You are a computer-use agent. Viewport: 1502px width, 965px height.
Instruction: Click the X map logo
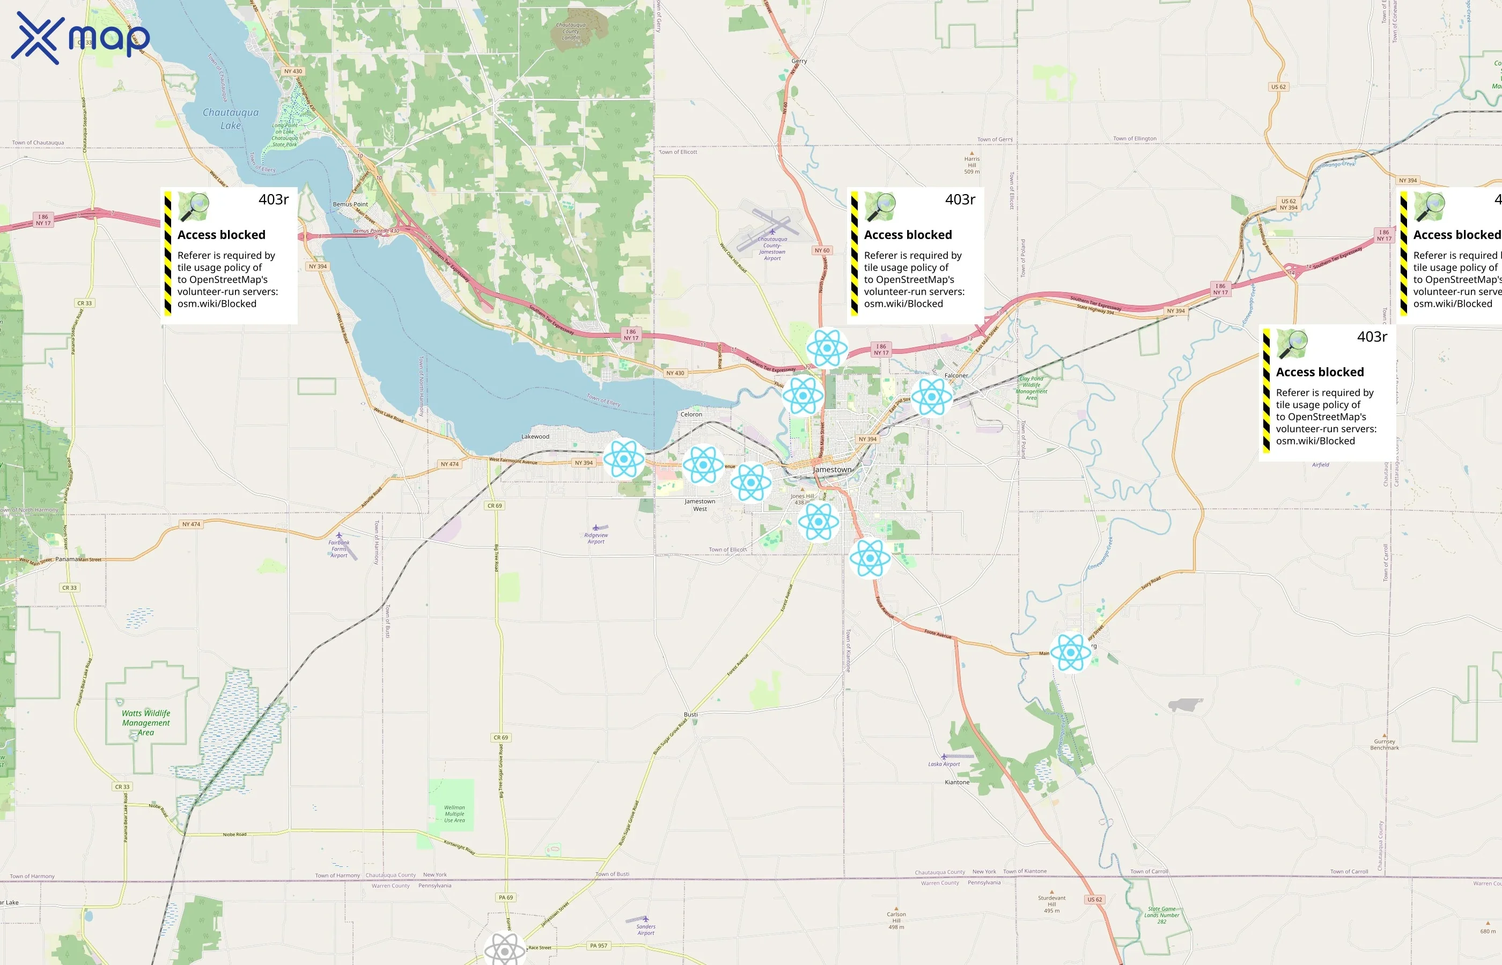80,38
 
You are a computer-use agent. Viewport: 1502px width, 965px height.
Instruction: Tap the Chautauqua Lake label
230,118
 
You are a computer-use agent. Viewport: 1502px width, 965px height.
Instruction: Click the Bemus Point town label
350,204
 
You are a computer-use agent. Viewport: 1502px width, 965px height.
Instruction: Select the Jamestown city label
832,469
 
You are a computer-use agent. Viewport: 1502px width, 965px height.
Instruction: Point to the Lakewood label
535,437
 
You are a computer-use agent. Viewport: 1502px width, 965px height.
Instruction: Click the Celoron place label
691,414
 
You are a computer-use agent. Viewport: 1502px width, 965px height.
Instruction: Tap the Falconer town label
956,375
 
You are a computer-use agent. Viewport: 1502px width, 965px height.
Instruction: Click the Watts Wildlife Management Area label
146,723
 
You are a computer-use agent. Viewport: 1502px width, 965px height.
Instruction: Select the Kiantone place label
956,782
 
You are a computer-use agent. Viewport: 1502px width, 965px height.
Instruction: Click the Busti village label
690,714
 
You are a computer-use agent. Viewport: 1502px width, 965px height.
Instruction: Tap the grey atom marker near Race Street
505,950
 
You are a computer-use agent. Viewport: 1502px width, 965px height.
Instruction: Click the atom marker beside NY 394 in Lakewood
624,459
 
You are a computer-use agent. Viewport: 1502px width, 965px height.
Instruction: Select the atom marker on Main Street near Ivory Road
1070,652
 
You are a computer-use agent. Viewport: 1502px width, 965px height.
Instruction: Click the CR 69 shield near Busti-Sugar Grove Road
500,738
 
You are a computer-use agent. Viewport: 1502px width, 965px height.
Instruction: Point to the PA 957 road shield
598,946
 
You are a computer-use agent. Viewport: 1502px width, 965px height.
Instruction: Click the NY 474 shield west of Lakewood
450,464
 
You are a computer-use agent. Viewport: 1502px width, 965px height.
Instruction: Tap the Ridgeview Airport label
595,538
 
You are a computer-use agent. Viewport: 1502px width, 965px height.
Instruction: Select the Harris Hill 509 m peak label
971,165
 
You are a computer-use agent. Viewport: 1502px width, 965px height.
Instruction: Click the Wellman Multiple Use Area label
454,813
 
